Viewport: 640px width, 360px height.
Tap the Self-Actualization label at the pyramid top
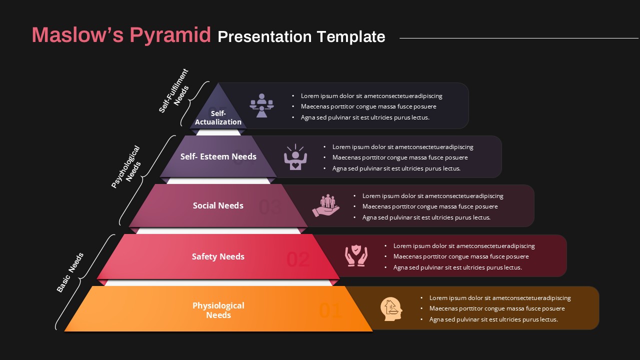[x=218, y=118]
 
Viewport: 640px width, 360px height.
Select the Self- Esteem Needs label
[x=218, y=156]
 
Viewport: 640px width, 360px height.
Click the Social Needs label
[x=218, y=205]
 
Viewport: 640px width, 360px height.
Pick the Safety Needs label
[x=218, y=256]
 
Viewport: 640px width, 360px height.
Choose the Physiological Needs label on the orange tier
[x=218, y=310]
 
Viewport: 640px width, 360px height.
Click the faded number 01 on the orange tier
[x=330, y=311]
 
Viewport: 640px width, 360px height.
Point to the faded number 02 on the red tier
[x=298, y=259]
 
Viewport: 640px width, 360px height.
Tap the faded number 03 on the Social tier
[x=270, y=207]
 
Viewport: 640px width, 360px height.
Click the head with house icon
[x=391, y=308]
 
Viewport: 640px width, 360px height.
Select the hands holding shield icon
[x=356, y=255]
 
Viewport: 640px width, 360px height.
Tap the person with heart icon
[x=295, y=157]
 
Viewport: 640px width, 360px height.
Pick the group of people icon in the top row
[x=261, y=105]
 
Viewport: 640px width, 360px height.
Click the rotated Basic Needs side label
[x=70, y=272]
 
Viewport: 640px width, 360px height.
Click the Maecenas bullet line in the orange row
[x=497, y=308]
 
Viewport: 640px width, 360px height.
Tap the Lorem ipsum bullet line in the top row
[x=371, y=96]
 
